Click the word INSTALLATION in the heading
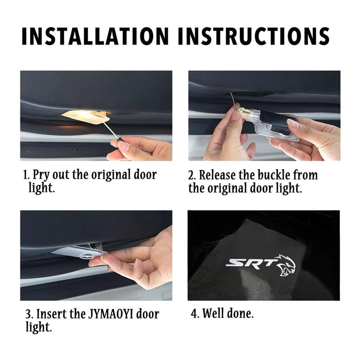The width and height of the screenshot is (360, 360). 95,36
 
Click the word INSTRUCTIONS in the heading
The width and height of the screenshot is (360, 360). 254,36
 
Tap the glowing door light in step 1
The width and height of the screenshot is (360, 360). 86,116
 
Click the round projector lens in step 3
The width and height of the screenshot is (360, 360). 87,256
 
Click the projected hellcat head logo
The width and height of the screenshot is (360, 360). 285,265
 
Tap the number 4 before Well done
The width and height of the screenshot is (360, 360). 194,313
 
